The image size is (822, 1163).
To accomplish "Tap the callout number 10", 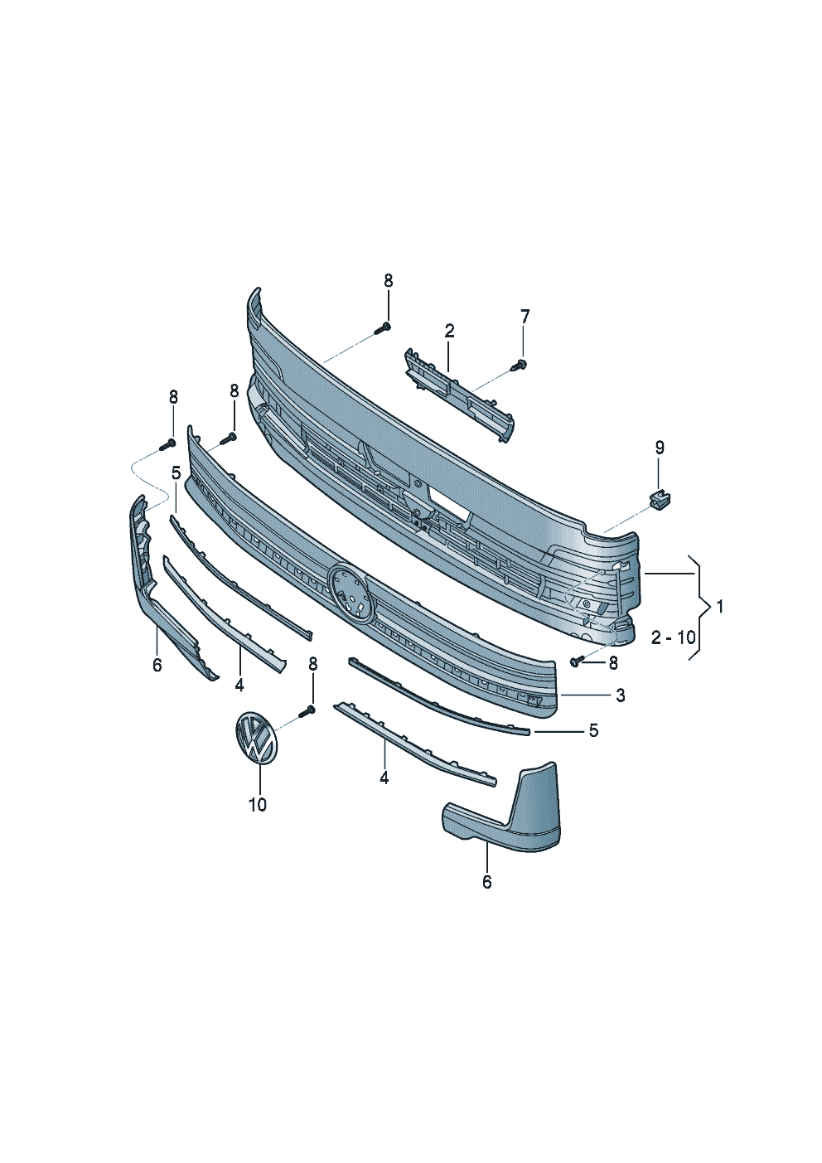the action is point(258,805).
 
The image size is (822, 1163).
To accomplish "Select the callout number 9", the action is point(659,448).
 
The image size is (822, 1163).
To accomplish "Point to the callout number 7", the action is point(525,316).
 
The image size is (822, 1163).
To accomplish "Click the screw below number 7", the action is point(520,366).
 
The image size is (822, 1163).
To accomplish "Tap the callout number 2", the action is point(449,331).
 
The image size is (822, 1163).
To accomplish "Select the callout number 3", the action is point(621,695).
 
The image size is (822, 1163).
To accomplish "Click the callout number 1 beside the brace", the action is point(720,606).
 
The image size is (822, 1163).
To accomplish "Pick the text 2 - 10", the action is point(673,637).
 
